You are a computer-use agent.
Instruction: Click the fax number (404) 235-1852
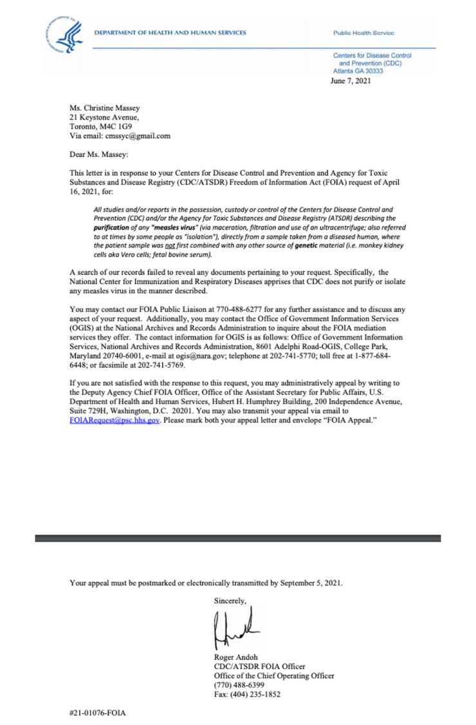(x=258, y=694)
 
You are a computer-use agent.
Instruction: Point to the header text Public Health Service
(x=363, y=32)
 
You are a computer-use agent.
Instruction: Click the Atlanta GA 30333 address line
(x=358, y=71)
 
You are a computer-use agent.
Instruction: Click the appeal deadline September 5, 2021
(x=309, y=583)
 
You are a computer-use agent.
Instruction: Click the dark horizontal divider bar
(x=237, y=538)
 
